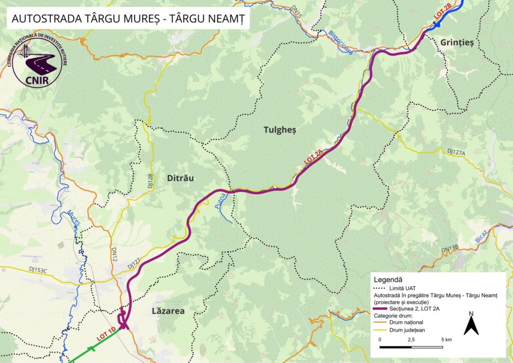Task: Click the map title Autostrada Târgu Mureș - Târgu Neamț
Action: [x=127, y=19]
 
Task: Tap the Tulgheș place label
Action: [x=280, y=130]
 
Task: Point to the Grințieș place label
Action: [x=456, y=43]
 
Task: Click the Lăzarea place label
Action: [x=168, y=311]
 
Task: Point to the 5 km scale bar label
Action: [x=446, y=339]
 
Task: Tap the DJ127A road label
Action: [x=456, y=151]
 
